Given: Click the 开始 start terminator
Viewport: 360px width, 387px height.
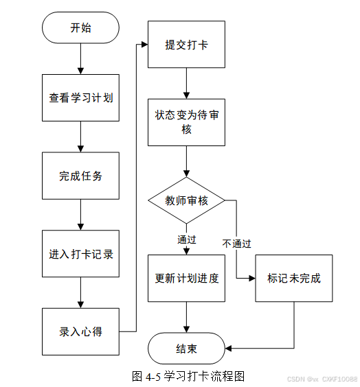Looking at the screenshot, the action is [x=80, y=27].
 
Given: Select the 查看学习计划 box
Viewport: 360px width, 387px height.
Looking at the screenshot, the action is [x=80, y=97].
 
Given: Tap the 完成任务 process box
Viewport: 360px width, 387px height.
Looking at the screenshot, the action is [x=80, y=176].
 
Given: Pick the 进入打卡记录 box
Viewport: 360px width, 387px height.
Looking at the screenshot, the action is [x=80, y=254].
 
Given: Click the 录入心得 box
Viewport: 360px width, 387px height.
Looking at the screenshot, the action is [x=80, y=331].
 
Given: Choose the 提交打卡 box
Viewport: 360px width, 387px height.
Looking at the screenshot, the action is [x=187, y=45].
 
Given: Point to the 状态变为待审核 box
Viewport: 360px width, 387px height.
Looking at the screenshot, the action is [x=187, y=122].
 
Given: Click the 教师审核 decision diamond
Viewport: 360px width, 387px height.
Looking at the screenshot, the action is [x=187, y=200].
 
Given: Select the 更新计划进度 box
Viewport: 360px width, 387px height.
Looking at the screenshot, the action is [x=187, y=279].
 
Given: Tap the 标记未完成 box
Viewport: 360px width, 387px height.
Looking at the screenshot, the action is [x=294, y=279].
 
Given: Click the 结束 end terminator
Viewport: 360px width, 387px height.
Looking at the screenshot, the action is [x=187, y=349].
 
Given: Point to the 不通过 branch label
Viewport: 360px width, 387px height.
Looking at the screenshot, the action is [x=236, y=244].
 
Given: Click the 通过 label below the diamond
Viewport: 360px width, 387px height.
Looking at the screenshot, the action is [x=187, y=239].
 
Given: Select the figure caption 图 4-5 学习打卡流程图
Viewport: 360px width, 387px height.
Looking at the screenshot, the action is [x=188, y=377].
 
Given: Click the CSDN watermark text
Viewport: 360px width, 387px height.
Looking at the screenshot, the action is [x=322, y=379].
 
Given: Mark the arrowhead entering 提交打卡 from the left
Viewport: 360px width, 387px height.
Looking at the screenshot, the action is [x=145, y=45].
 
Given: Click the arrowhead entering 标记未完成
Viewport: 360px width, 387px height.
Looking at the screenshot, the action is [x=252, y=279].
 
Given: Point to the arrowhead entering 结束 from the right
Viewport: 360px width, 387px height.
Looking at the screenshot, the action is [x=228, y=349].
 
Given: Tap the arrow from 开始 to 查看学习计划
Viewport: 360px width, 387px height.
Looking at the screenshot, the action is [x=80, y=59].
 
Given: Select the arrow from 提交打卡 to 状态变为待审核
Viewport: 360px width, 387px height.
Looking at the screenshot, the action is [x=187, y=84].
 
